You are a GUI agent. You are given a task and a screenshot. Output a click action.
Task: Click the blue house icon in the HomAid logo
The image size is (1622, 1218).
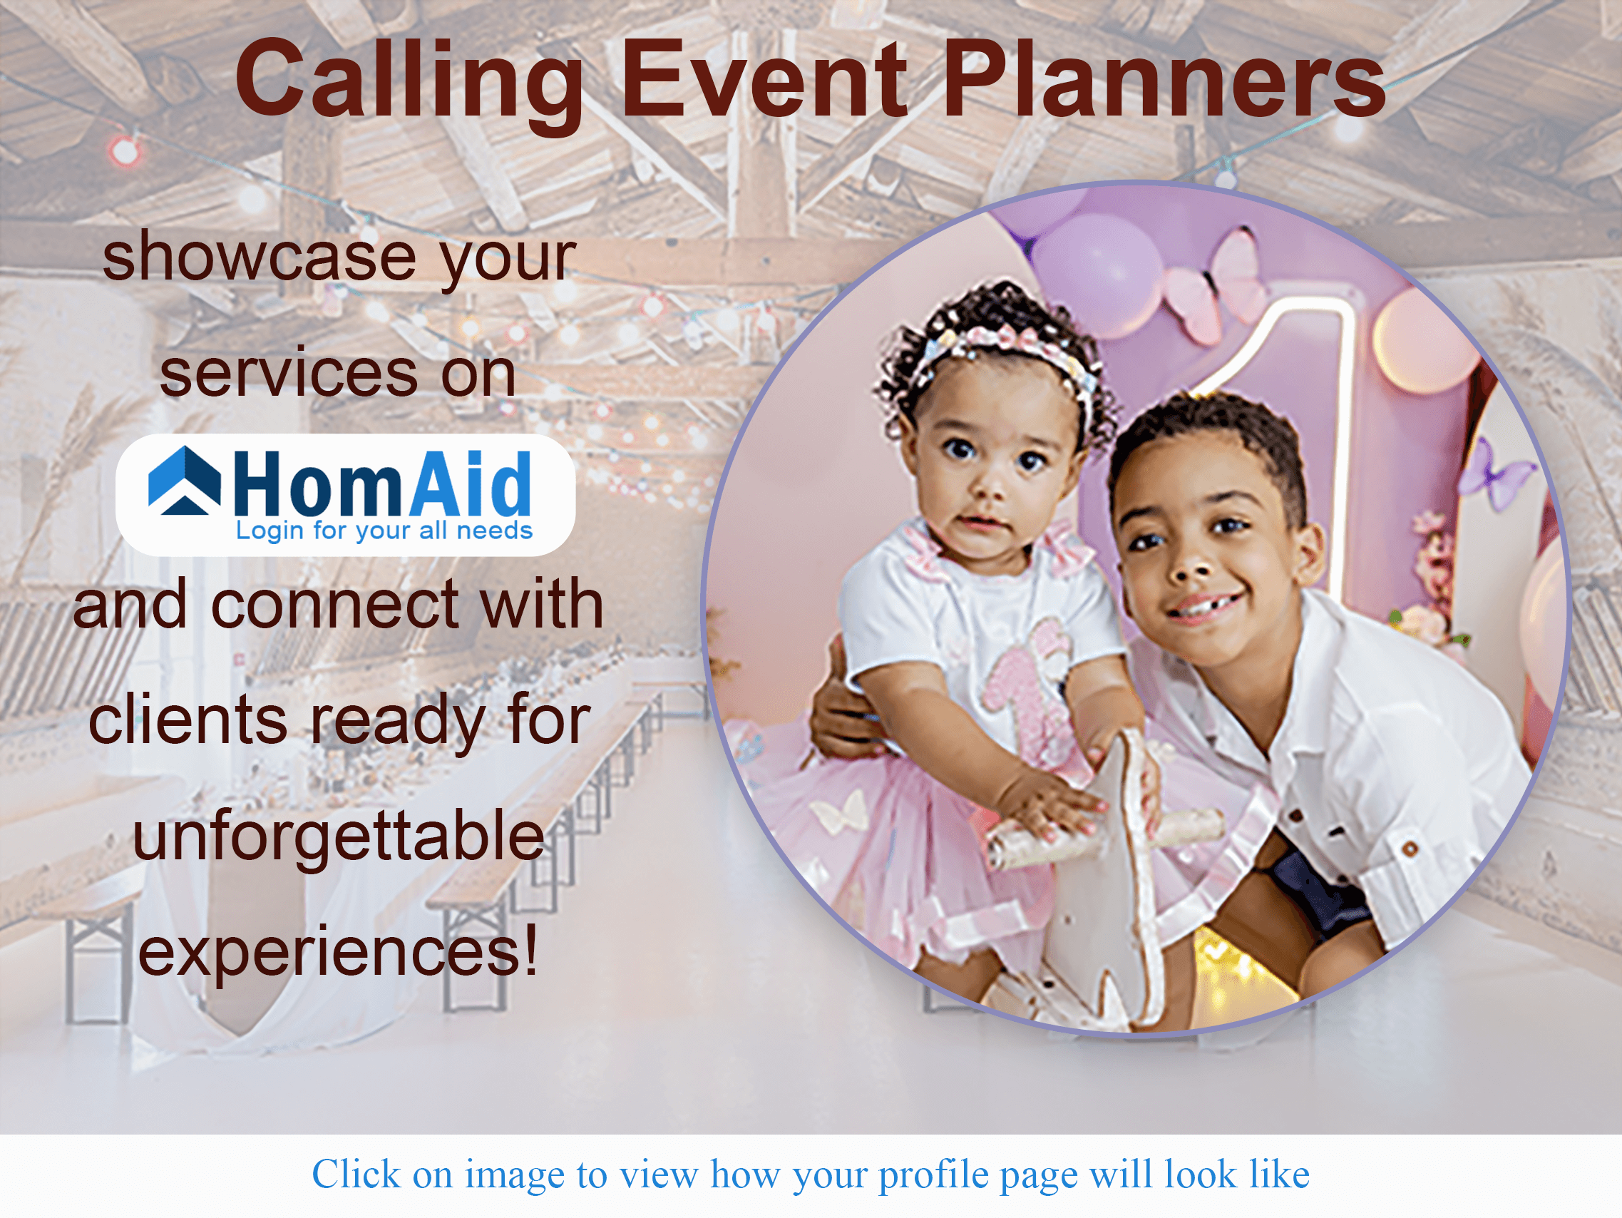tap(184, 481)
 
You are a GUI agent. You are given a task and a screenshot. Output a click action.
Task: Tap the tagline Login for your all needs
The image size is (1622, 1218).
tap(384, 530)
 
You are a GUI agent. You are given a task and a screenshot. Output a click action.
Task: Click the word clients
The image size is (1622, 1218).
tap(188, 721)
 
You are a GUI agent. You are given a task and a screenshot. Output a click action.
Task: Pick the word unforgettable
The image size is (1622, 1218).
tap(338, 836)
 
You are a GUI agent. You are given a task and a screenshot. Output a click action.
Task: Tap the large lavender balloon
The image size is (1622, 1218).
tap(1097, 266)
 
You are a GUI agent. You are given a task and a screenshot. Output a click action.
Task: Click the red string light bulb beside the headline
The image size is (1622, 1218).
tap(124, 150)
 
